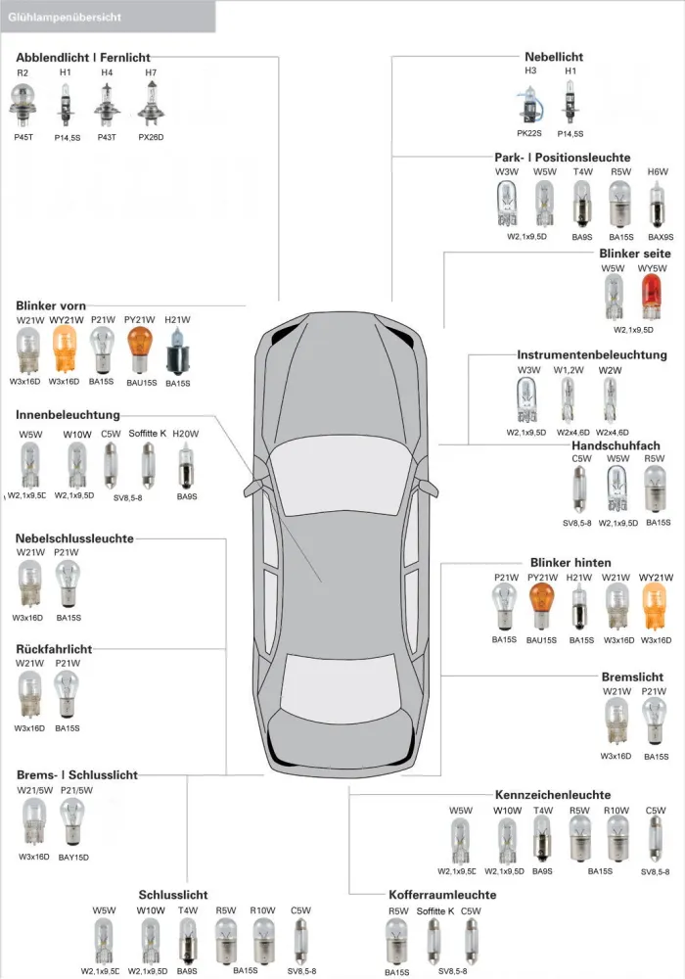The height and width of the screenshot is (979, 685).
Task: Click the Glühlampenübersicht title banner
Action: point(108,17)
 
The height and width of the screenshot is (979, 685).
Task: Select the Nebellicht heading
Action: point(553,57)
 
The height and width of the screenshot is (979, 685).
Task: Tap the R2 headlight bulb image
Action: point(23,105)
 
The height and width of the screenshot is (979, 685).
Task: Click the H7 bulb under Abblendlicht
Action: point(151,104)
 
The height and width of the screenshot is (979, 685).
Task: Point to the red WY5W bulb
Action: point(652,298)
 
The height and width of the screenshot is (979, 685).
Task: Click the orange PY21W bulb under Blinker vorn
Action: point(140,350)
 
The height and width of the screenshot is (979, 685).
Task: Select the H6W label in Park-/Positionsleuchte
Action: point(658,171)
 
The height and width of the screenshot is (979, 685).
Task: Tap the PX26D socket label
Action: point(151,137)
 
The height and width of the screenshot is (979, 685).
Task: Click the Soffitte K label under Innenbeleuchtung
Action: point(147,434)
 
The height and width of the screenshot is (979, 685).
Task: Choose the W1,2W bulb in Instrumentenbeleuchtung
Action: point(568,400)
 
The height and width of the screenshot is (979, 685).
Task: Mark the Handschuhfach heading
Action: point(616,445)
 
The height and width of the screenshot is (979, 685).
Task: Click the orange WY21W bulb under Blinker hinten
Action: point(655,607)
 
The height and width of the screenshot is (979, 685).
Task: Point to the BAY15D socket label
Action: point(73,858)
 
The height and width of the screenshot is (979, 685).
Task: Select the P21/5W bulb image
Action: point(71,822)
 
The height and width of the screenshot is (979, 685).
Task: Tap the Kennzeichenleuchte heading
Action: point(553,795)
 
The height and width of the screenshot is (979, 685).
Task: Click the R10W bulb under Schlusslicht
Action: point(262,940)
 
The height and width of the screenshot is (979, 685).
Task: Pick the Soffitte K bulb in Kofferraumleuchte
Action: point(434,942)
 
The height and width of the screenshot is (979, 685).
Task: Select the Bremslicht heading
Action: point(632,676)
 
